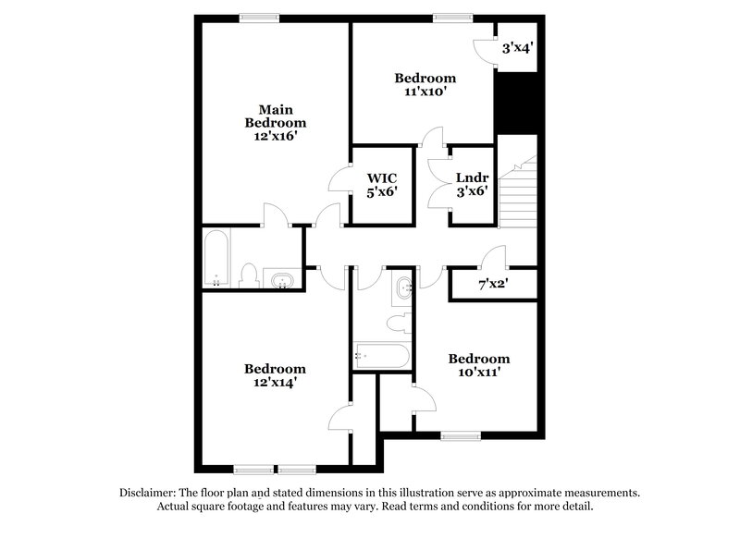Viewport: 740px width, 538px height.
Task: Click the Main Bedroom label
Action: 275,116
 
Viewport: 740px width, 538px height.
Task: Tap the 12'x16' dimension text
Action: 275,135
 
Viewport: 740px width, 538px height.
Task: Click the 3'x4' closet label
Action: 516,46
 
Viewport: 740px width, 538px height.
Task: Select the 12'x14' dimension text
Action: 275,381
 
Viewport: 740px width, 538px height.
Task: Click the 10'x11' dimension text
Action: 478,372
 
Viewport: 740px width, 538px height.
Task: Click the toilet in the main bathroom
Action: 248,275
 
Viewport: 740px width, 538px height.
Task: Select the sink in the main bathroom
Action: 281,279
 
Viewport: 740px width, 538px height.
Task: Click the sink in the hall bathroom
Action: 404,290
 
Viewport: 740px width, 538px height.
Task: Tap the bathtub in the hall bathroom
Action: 379,355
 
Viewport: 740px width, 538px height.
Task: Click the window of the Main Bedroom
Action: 260,16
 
